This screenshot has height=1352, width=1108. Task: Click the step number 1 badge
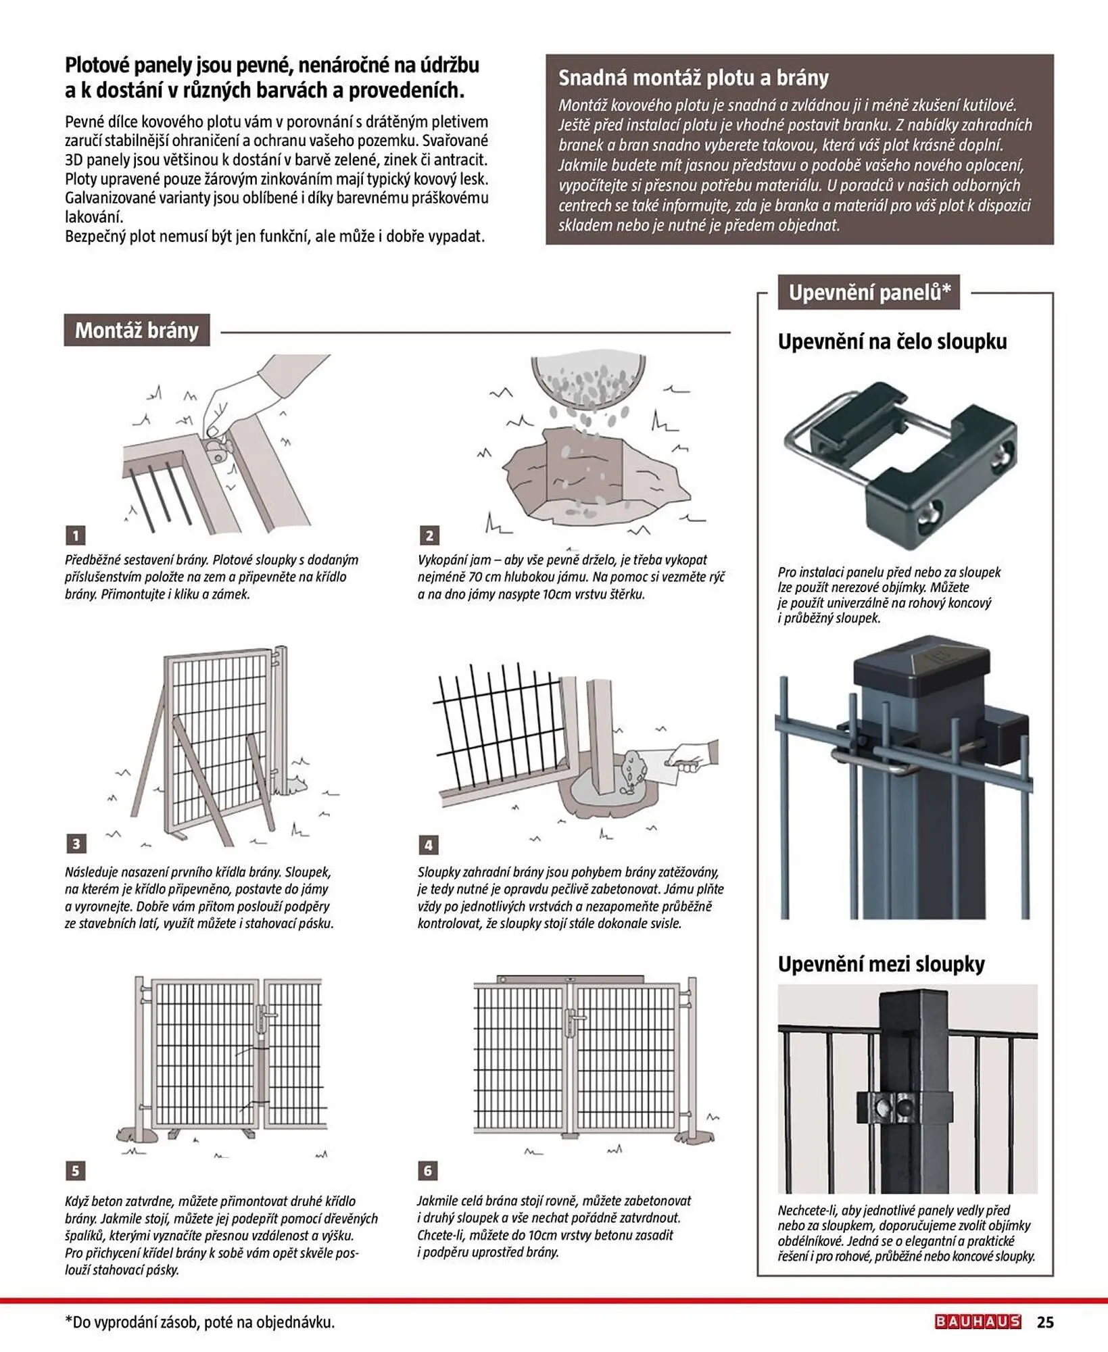tap(75, 535)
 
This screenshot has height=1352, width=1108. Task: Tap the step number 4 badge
tap(428, 844)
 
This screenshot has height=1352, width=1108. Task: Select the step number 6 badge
tap(428, 1170)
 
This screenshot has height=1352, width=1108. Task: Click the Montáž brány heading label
tap(137, 330)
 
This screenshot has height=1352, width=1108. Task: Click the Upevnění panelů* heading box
tap(869, 292)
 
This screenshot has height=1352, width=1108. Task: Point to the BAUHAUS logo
tap(978, 1322)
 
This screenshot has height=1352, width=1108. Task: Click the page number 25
tap(1045, 1322)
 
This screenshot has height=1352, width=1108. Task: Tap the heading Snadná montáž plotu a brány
tap(693, 78)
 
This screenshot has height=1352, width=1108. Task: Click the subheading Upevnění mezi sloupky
tap(880, 963)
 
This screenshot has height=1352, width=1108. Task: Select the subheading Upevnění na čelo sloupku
tap(892, 341)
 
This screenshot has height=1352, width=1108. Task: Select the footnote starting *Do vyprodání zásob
tap(199, 1322)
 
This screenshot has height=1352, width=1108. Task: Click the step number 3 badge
tap(75, 843)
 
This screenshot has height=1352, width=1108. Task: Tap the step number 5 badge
tap(75, 1170)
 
